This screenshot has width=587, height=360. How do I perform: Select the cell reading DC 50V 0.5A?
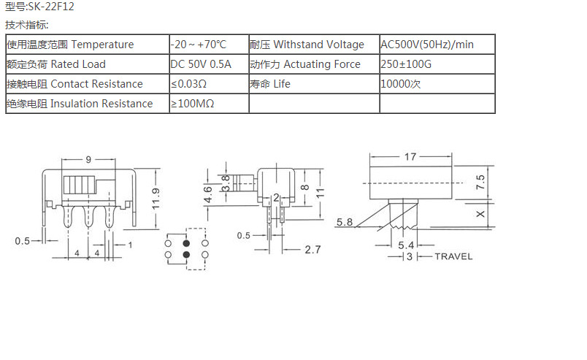(201, 64)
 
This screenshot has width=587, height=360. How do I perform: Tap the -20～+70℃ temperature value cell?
(199, 45)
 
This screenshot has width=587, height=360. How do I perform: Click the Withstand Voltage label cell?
(307, 45)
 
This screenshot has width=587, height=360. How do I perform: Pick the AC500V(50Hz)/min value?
(427, 45)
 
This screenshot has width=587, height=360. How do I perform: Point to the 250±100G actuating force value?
(406, 64)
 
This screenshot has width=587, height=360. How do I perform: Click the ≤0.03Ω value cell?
(188, 84)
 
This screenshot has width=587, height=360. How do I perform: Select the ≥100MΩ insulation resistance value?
(193, 104)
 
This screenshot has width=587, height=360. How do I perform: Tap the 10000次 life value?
(401, 84)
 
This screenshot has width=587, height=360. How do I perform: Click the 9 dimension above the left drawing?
(88, 159)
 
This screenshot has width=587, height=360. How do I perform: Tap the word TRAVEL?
(453, 256)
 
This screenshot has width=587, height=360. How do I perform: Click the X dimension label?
(479, 214)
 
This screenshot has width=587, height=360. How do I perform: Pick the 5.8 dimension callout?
(345, 222)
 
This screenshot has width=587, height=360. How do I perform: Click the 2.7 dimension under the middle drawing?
(312, 250)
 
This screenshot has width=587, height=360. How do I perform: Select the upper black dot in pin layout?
(186, 242)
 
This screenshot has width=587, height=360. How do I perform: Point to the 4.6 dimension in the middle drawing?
(208, 195)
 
